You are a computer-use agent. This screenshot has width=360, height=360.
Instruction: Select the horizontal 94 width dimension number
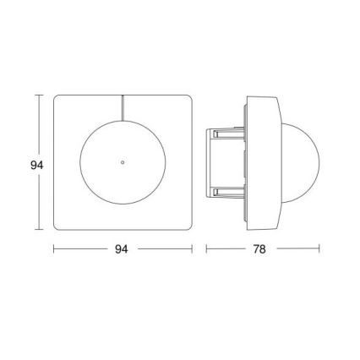coord(123,251)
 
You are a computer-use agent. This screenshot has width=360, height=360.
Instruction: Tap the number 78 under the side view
coord(264,251)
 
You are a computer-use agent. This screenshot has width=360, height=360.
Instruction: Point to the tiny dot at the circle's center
coord(123,160)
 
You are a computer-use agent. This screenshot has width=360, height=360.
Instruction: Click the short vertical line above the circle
coord(123,107)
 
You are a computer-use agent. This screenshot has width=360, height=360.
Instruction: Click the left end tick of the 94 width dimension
coord(54,250)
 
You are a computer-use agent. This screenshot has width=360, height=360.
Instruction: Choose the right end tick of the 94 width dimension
coord(193,250)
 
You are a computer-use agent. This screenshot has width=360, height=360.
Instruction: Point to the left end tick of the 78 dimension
coord(207,250)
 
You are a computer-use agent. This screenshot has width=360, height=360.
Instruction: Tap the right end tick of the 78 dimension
coord(319,250)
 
